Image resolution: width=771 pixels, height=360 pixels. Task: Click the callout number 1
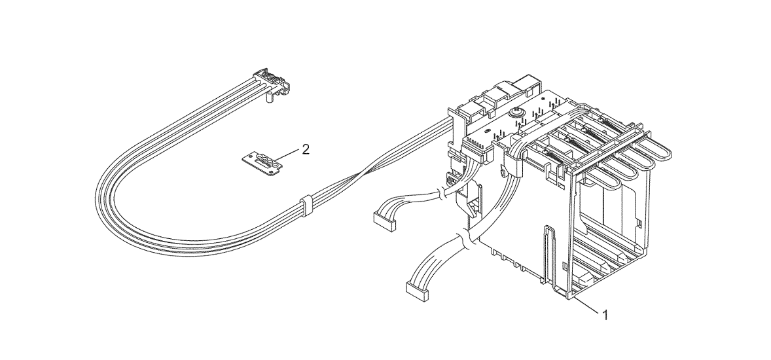(x=605, y=315)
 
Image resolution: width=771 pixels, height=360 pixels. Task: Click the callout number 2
(x=306, y=149)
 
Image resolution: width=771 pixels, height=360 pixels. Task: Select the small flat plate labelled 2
(x=263, y=162)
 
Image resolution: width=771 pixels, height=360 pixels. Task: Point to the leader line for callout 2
(x=285, y=155)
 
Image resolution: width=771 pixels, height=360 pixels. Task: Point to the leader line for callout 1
(x=586, y=304)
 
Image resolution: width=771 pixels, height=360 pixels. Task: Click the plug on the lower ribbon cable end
(x=416, y=291)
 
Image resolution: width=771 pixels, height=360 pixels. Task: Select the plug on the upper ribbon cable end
(x=384, y=221)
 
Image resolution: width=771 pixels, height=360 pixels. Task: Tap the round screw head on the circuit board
(x=516, y=113)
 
